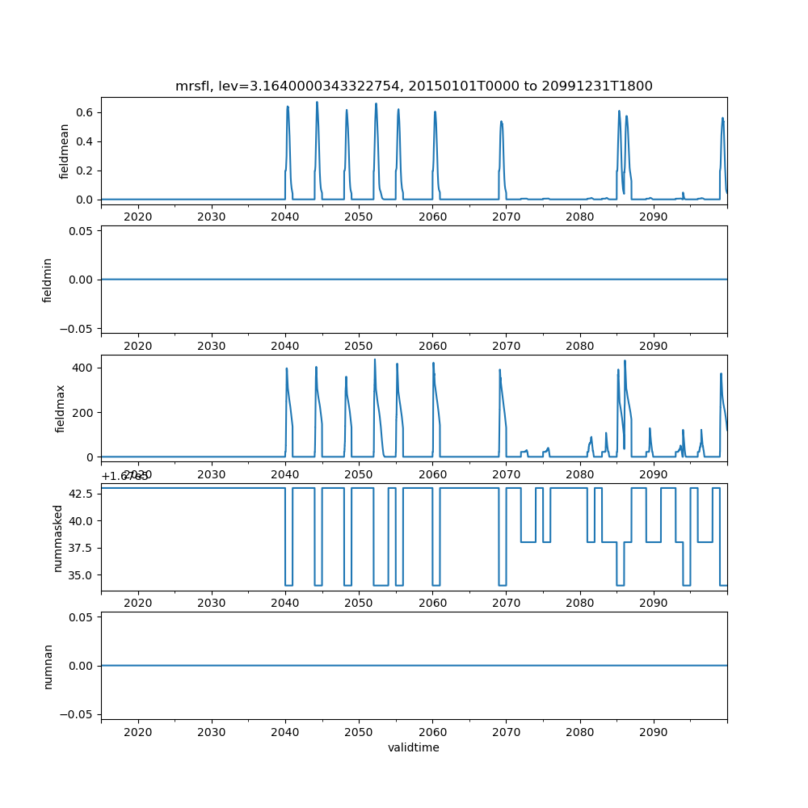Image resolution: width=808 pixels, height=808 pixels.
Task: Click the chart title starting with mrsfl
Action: (414, 86)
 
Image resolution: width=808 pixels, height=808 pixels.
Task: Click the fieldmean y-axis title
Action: (64, 151)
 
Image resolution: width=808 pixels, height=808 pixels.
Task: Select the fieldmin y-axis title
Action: (47, 279)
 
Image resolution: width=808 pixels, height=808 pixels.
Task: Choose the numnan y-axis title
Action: (48, 666)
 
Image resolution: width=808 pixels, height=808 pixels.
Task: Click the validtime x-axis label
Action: (414, 748)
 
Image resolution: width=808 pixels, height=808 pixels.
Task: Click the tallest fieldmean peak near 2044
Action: (317, 102)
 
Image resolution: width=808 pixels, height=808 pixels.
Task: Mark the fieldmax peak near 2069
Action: (500, 370)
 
